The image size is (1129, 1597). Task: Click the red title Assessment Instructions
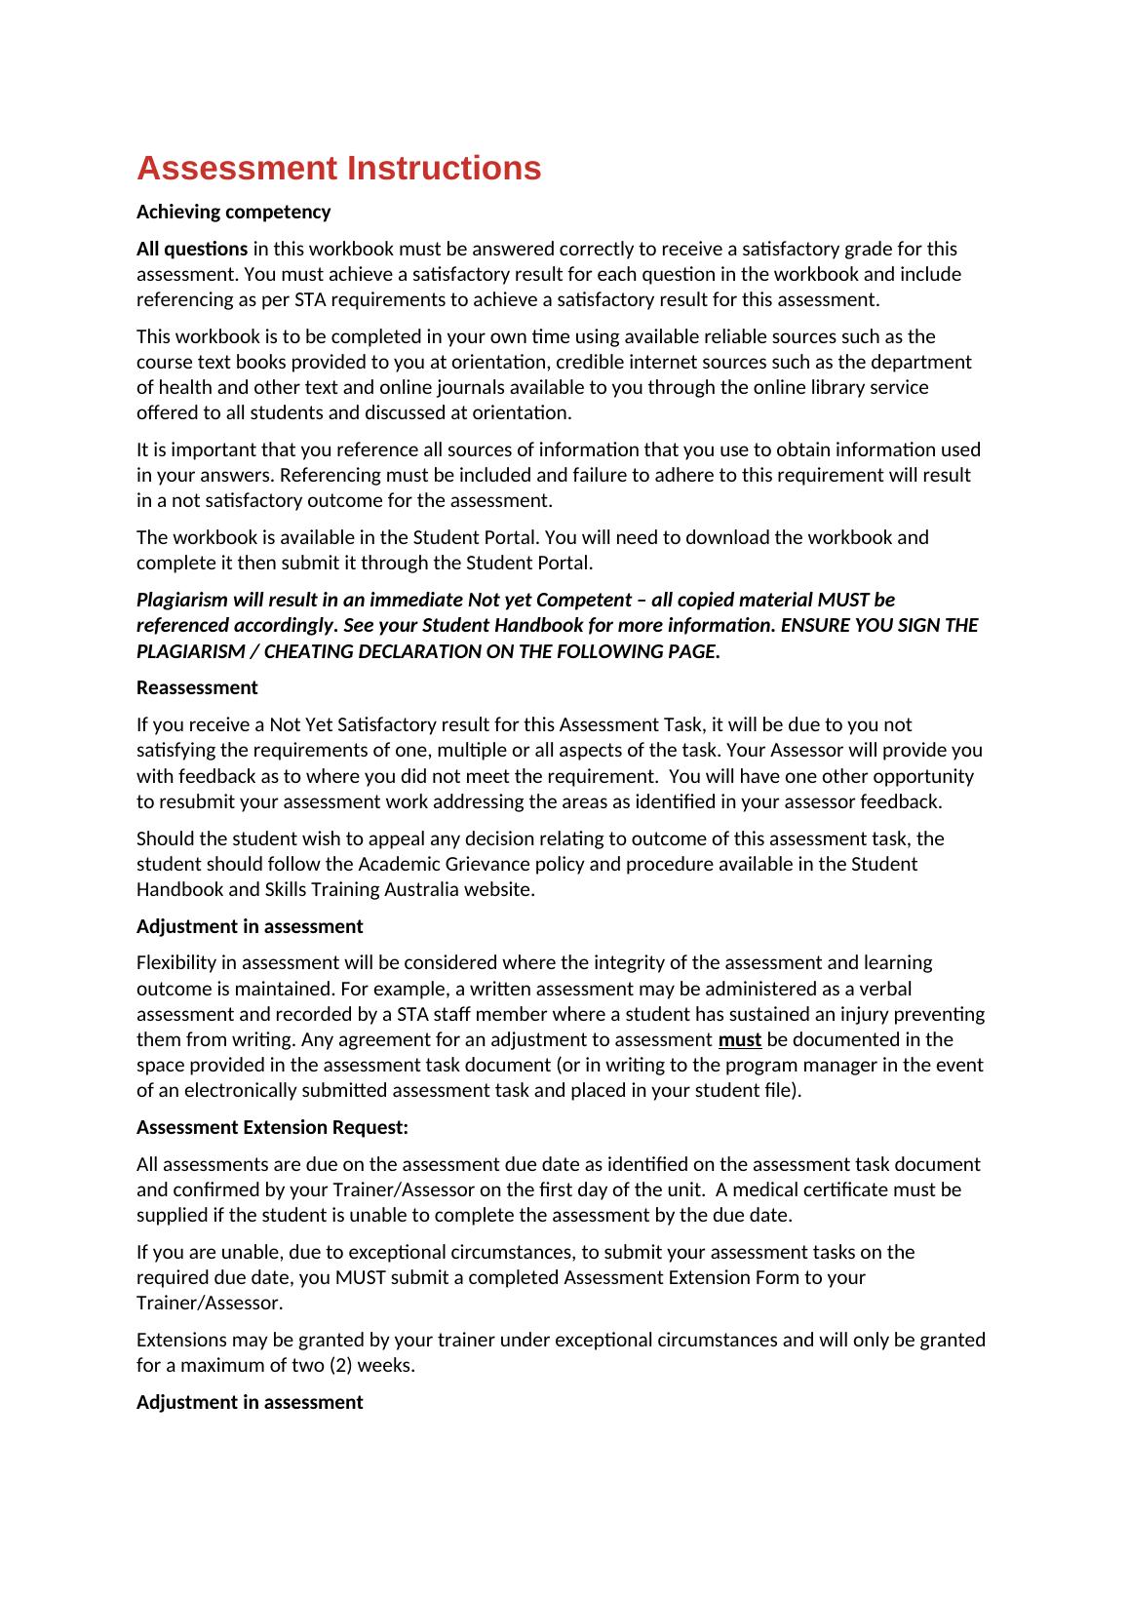(338, 169)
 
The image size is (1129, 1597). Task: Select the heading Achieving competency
(233, 213)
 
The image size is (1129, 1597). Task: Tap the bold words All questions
(191, 250)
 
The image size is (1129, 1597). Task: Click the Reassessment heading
(197, 688)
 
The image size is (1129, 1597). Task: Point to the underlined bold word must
(739, 1040)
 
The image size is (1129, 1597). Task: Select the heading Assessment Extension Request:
(272, 1128)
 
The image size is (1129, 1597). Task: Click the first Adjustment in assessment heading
(250, 927)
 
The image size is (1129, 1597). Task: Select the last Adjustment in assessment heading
(250, 1403)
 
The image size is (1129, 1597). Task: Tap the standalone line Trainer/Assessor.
(209, 1304)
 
